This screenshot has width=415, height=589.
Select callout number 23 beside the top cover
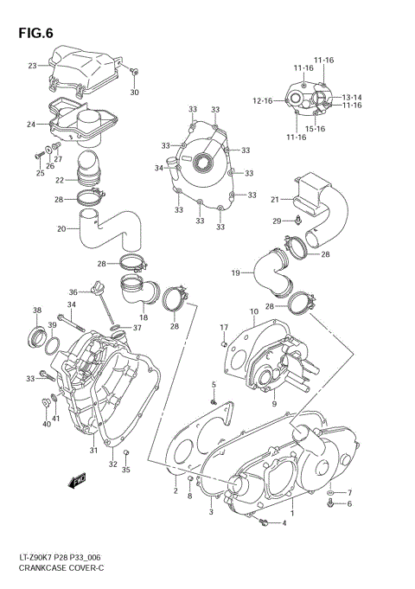32,67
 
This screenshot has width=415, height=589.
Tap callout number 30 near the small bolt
134,93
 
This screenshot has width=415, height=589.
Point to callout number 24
31,125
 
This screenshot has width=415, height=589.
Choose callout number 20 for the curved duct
61,229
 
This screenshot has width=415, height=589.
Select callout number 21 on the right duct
274,200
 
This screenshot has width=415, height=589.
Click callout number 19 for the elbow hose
235,273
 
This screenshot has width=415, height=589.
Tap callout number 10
254,311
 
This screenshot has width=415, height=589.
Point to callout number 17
223,326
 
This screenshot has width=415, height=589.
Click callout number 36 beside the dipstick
73,291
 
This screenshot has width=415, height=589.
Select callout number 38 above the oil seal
37,311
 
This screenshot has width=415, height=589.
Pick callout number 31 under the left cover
93,451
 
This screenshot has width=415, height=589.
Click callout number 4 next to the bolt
284,524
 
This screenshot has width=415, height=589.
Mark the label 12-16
263,101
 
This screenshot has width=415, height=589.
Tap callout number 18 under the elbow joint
144,317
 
